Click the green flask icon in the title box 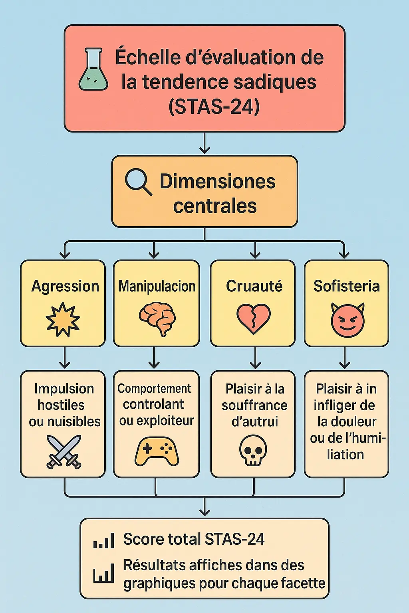click(93, 70)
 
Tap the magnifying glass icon click(138, 182)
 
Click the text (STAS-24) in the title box click(214, 107)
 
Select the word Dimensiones click(217, 181)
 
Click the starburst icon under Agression click(63, 319)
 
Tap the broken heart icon click(253, 318)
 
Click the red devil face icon click(347, 320)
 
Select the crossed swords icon click(64, 451)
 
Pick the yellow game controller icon click(157, 451)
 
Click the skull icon click(253, 450)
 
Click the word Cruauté click(254, 286)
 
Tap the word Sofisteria click(346, 286)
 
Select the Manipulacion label click(157, 286)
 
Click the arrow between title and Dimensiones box click(204, 144)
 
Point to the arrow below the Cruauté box click(255, 358)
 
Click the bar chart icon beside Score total click(104, 540)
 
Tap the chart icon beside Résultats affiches click(103, 574)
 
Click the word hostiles click(61, 405)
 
